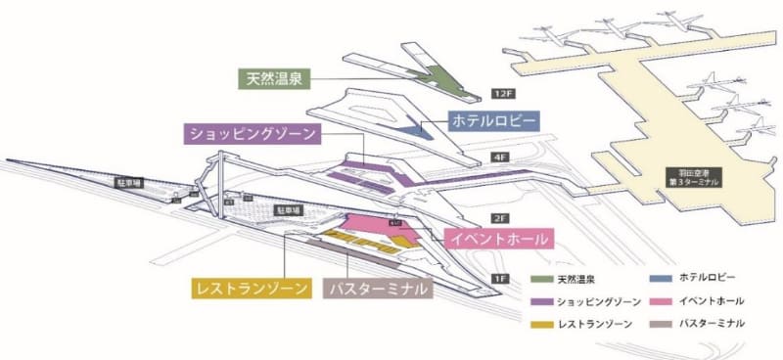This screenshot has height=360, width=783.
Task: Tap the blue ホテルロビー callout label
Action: [x=492, y=120]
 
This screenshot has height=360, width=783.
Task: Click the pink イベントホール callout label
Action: [x=498, y=238]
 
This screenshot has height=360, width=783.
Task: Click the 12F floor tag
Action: [x=502, y=95]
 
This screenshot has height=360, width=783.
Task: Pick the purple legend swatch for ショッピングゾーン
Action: [x=540, y=300]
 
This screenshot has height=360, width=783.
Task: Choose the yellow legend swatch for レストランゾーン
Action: [x=540, y=323]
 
